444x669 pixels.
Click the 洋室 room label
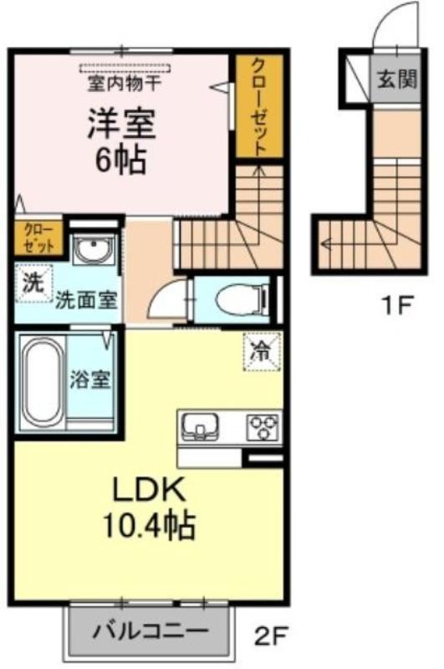point(121,124)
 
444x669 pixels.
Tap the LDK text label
point(149,490)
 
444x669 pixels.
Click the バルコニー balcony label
point(151,630)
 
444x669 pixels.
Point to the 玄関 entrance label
point(396,79)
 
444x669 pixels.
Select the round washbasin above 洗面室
point(94,249)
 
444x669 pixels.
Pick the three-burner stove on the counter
point(263,426)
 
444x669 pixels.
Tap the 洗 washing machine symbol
point(33,283)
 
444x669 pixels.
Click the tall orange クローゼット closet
point(259,107)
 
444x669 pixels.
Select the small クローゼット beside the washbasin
point(38,238)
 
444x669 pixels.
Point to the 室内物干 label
point(124,83)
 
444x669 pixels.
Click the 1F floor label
point(397,304)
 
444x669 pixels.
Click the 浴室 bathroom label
point(91,379)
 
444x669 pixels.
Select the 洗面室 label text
point(87,302)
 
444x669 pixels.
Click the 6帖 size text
point(121,160)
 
